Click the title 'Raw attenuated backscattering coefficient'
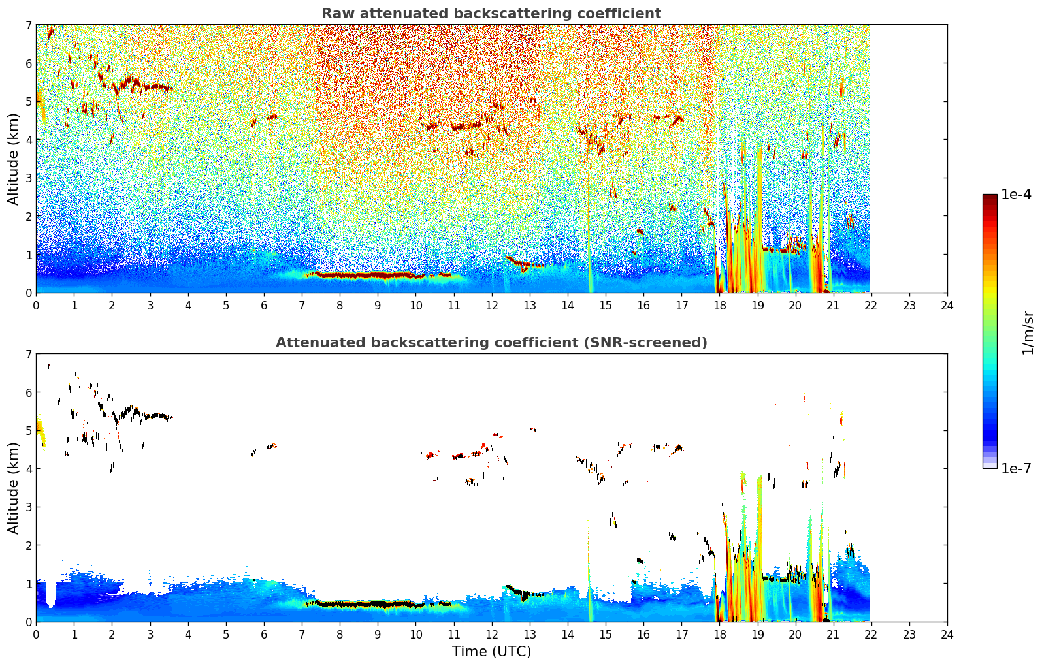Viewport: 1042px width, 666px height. coord(491,14)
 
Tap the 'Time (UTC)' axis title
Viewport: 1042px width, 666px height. coord(491,652)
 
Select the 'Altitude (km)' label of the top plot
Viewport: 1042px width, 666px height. coord(13,159)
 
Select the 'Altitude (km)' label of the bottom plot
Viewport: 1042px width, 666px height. coord(13,488)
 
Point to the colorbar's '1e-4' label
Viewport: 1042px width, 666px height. coord(1016,195)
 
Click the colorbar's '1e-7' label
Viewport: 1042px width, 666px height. coord(1016,468)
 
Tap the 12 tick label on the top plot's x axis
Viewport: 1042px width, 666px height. coord(491,306)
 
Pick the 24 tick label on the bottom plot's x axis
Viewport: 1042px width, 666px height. coord(947,635)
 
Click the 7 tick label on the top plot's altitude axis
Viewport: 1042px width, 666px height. coord(29,25)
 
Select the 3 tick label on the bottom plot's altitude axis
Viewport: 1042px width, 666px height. coord(29,507)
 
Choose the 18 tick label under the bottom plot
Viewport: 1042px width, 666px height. coord(719,635)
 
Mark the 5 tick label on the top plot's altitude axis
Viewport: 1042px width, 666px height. coord(29,102)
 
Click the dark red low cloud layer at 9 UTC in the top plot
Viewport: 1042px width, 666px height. coord(378,276)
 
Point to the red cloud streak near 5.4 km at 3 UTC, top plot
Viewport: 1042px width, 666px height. coord(152,86)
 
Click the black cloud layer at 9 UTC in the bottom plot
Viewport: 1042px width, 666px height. coord(378,605)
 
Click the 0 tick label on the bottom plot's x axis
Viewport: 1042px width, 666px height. coord(36,635)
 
